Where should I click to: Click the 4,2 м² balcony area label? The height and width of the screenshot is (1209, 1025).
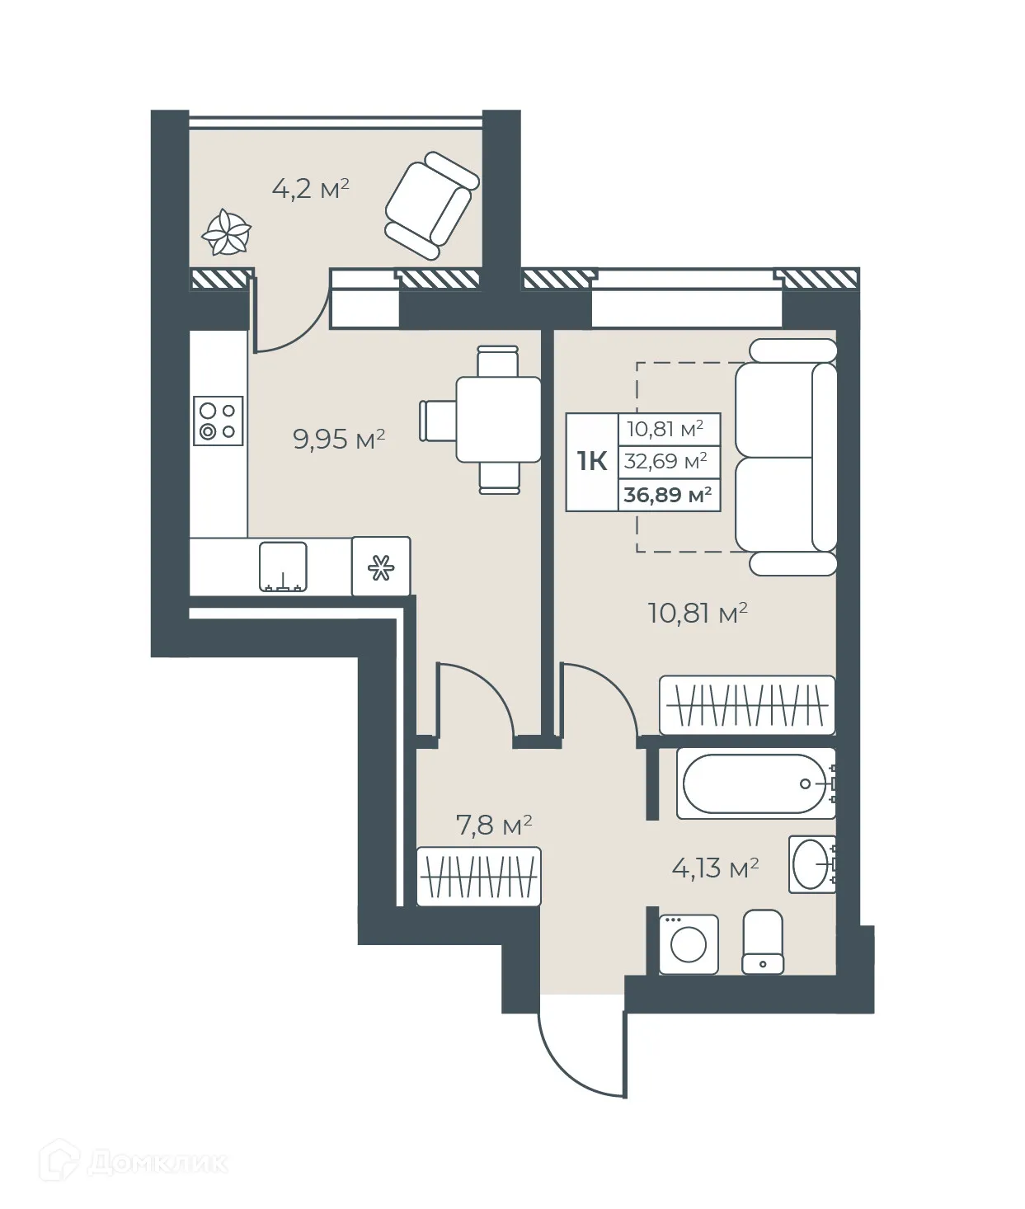pos(310,189)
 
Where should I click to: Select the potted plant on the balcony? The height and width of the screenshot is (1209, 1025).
pos(226,233)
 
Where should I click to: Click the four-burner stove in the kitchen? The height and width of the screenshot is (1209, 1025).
pos(219,421)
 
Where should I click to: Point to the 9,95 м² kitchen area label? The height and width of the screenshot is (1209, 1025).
pos(339,439)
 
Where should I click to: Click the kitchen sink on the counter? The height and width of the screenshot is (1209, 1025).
pos(283,567)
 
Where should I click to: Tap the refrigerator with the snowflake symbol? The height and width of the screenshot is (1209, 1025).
pos(381,567)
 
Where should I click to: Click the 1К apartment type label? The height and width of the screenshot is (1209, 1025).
pos(592,461)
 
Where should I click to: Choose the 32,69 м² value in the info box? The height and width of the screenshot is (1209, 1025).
pos(665,461)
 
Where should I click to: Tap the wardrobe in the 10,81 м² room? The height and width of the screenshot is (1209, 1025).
pos(746,705)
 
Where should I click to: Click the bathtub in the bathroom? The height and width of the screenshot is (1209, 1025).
pos(755,783)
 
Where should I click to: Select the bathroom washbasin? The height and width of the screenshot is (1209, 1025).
pos(811,863)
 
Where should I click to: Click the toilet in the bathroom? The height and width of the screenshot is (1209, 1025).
pos(763,942)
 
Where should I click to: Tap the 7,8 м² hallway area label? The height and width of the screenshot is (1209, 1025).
pos(493,825)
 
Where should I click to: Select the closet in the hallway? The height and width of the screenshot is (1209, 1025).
pos(478,877)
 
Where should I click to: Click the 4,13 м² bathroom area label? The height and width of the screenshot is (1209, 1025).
pos(715,868)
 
